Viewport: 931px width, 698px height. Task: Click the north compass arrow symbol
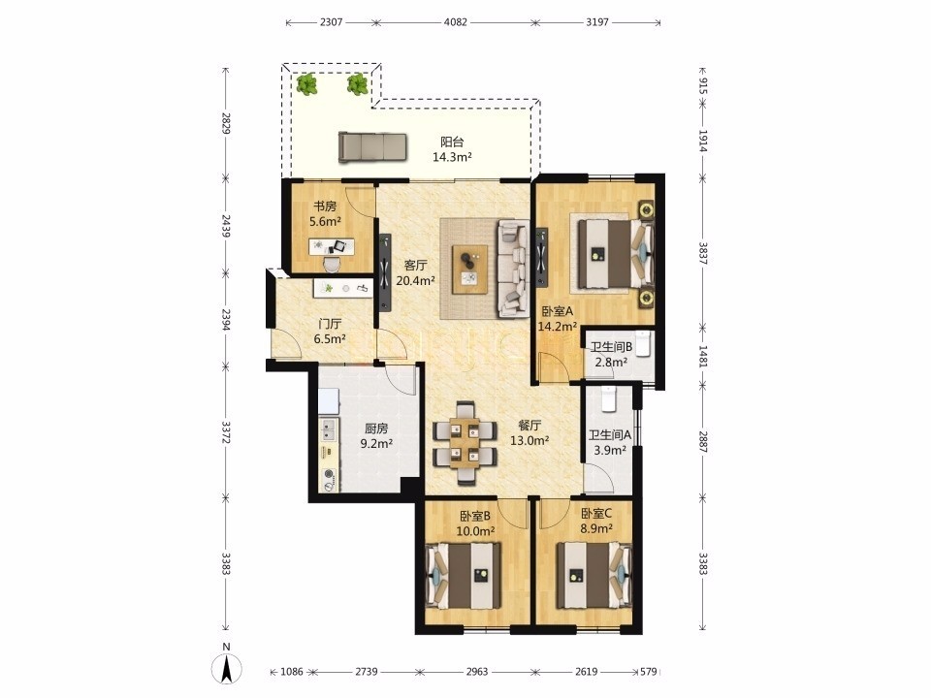pyautogui.click(x=226, y=668)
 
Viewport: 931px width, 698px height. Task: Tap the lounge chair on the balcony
pyautogui.click(x=372, y=146)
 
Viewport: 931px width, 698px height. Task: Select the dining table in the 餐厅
pyautogui.click(x=465, y=443)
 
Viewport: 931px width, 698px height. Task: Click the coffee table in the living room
pyautogui.click(x=469, y=269)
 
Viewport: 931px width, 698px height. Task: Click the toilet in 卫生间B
pyautogui.click(x=644, y=344)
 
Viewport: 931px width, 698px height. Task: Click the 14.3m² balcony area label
pyautogui.click(x=452, y=157)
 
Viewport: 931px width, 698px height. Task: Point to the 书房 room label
pyautogui.click(x=325, y=206)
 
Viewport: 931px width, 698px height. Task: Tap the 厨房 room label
pyautogui.click(x=376, y=428)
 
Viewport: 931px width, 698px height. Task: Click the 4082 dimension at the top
pyautogui.click(x=456, y=22)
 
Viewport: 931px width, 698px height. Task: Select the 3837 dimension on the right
pyautogui.click(x=702, y=253)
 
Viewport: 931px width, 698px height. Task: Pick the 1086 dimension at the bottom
pyautogui.click(x=292, y=671)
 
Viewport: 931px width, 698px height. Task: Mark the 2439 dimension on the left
pyautogui.click(x=226, y=226)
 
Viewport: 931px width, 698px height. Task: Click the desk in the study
pyautogui.click(x=332, y=245)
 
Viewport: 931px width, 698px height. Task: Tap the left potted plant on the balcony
pyautogui.click(x=307, y=85)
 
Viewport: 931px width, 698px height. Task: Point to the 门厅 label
pyautogui.click(x=330, y=324)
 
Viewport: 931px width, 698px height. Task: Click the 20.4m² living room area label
pyautogui.click(x=416, y=281)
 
